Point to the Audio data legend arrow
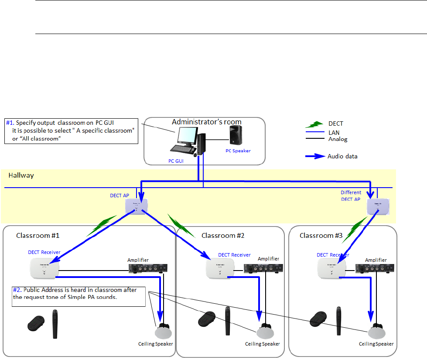click(316, 156)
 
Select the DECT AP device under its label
click(137, 206)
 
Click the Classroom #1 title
click(38, 236)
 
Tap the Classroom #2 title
click(223, 236)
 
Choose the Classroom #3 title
click(321, 236)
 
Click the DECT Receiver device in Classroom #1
click(44, 267)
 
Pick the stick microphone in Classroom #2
click(228, 322)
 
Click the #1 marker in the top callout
click(10, 122)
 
